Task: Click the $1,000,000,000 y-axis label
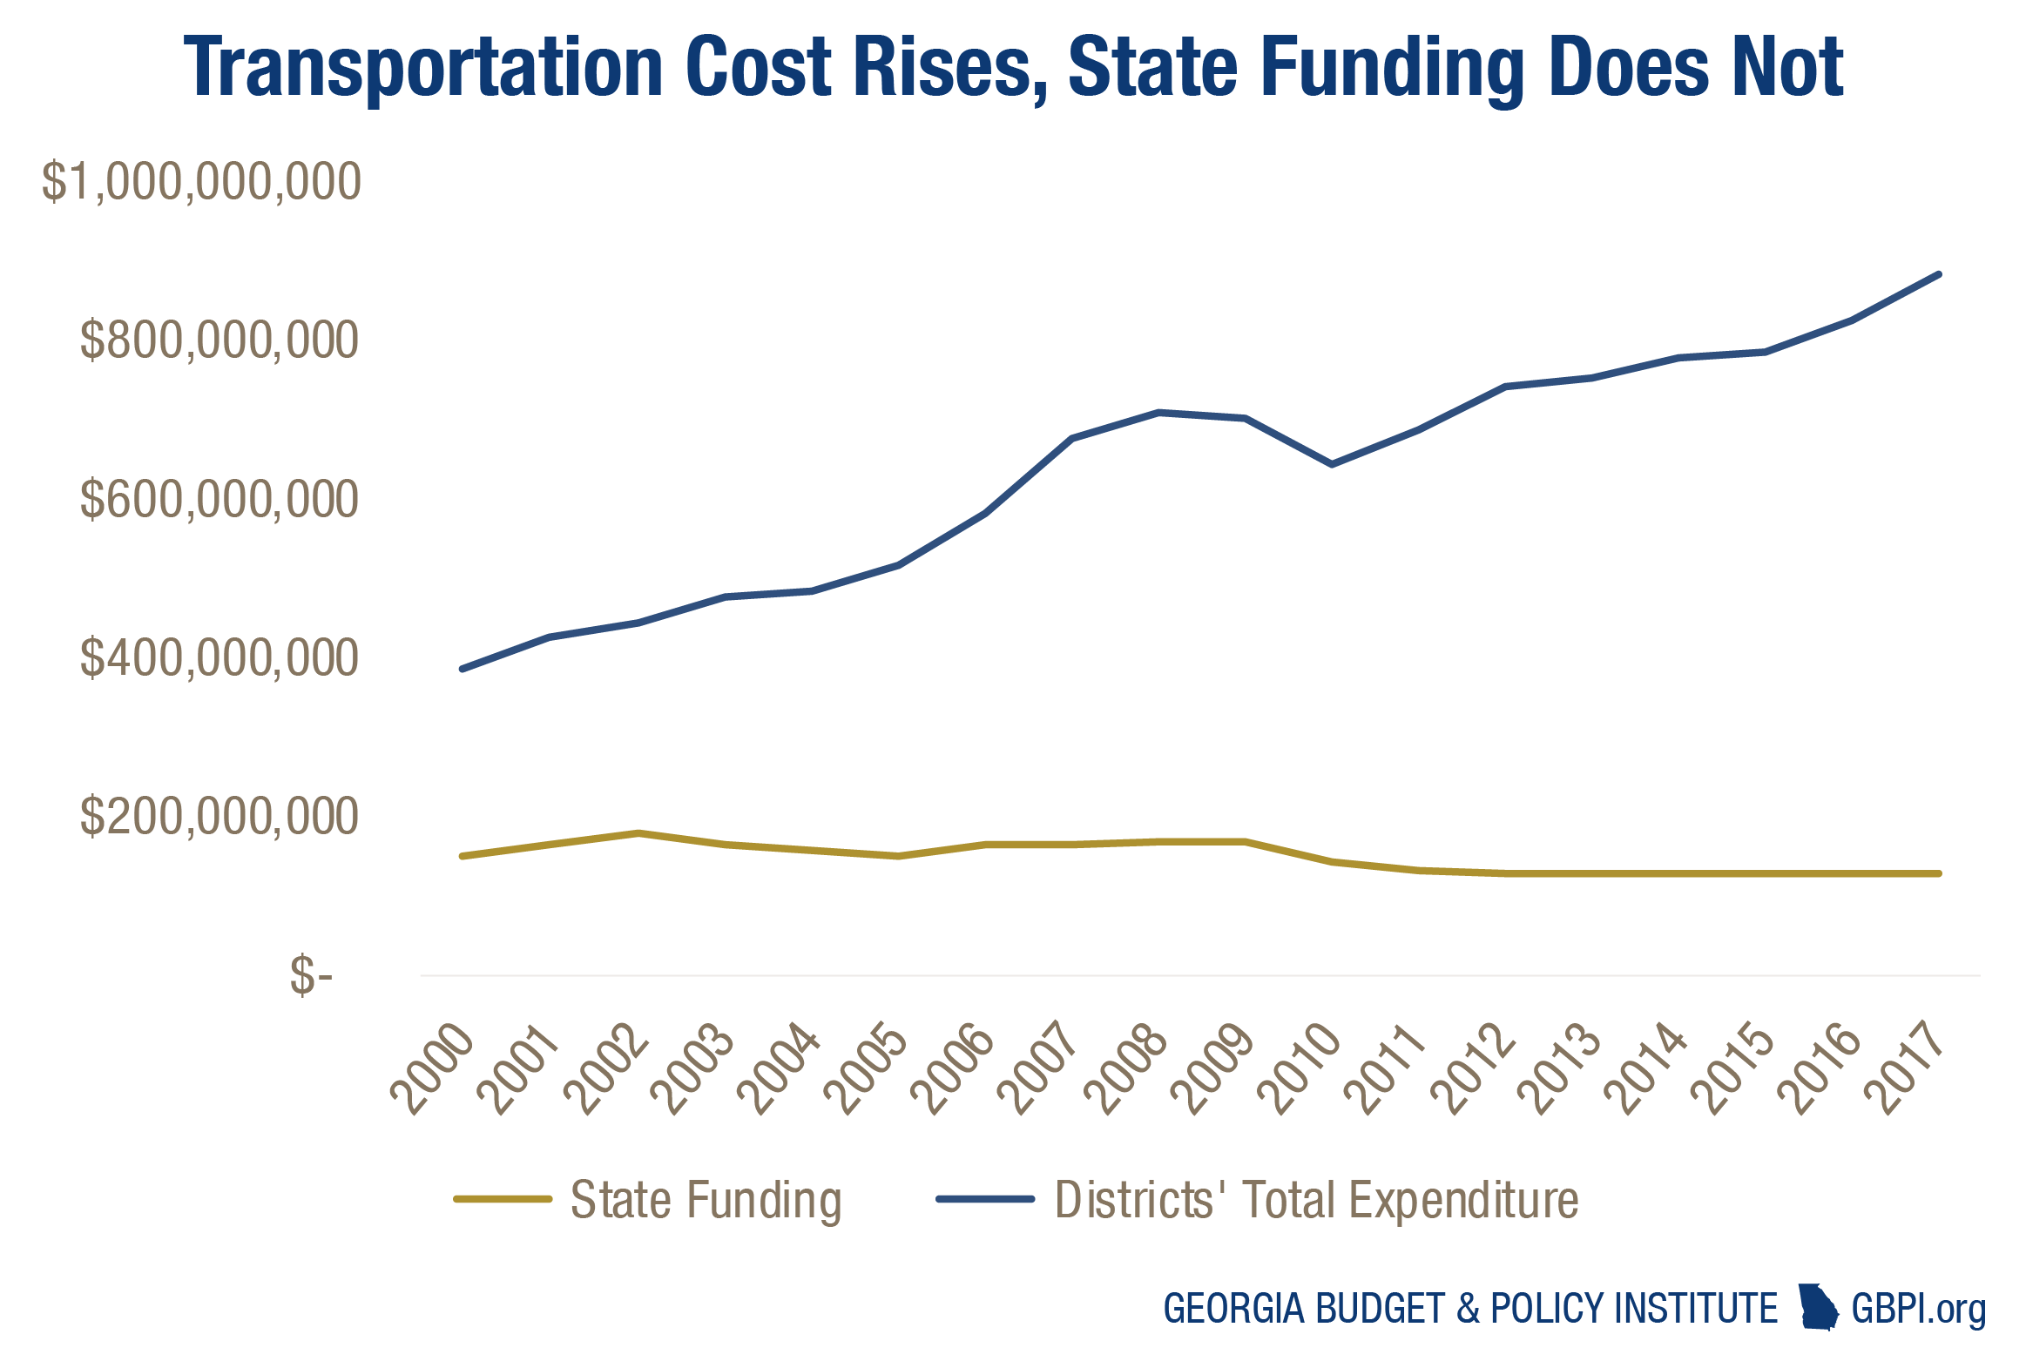click(x=201, y=182)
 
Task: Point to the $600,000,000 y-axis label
click(x=219, y=500)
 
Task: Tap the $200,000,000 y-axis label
click(x=219, y=817)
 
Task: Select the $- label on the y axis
click(x=311, y=975)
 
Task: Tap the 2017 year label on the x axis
click(x=1904, y=1069)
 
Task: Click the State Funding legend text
click(x=706, y=1200)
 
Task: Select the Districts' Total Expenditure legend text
click(x=1316, y=1200)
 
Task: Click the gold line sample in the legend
click(x=503, y=1199)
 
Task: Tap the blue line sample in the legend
click(x=985, y=1199)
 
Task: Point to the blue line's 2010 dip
click(x=1332, y=464)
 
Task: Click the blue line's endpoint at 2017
click(x=1938, y=274)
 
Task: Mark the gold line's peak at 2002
click(x=638, y=833)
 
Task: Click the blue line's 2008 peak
click(x=1158, y=412)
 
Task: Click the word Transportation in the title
click(x=424, y=68)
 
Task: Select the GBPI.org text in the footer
click(x=1918, y=1309)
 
